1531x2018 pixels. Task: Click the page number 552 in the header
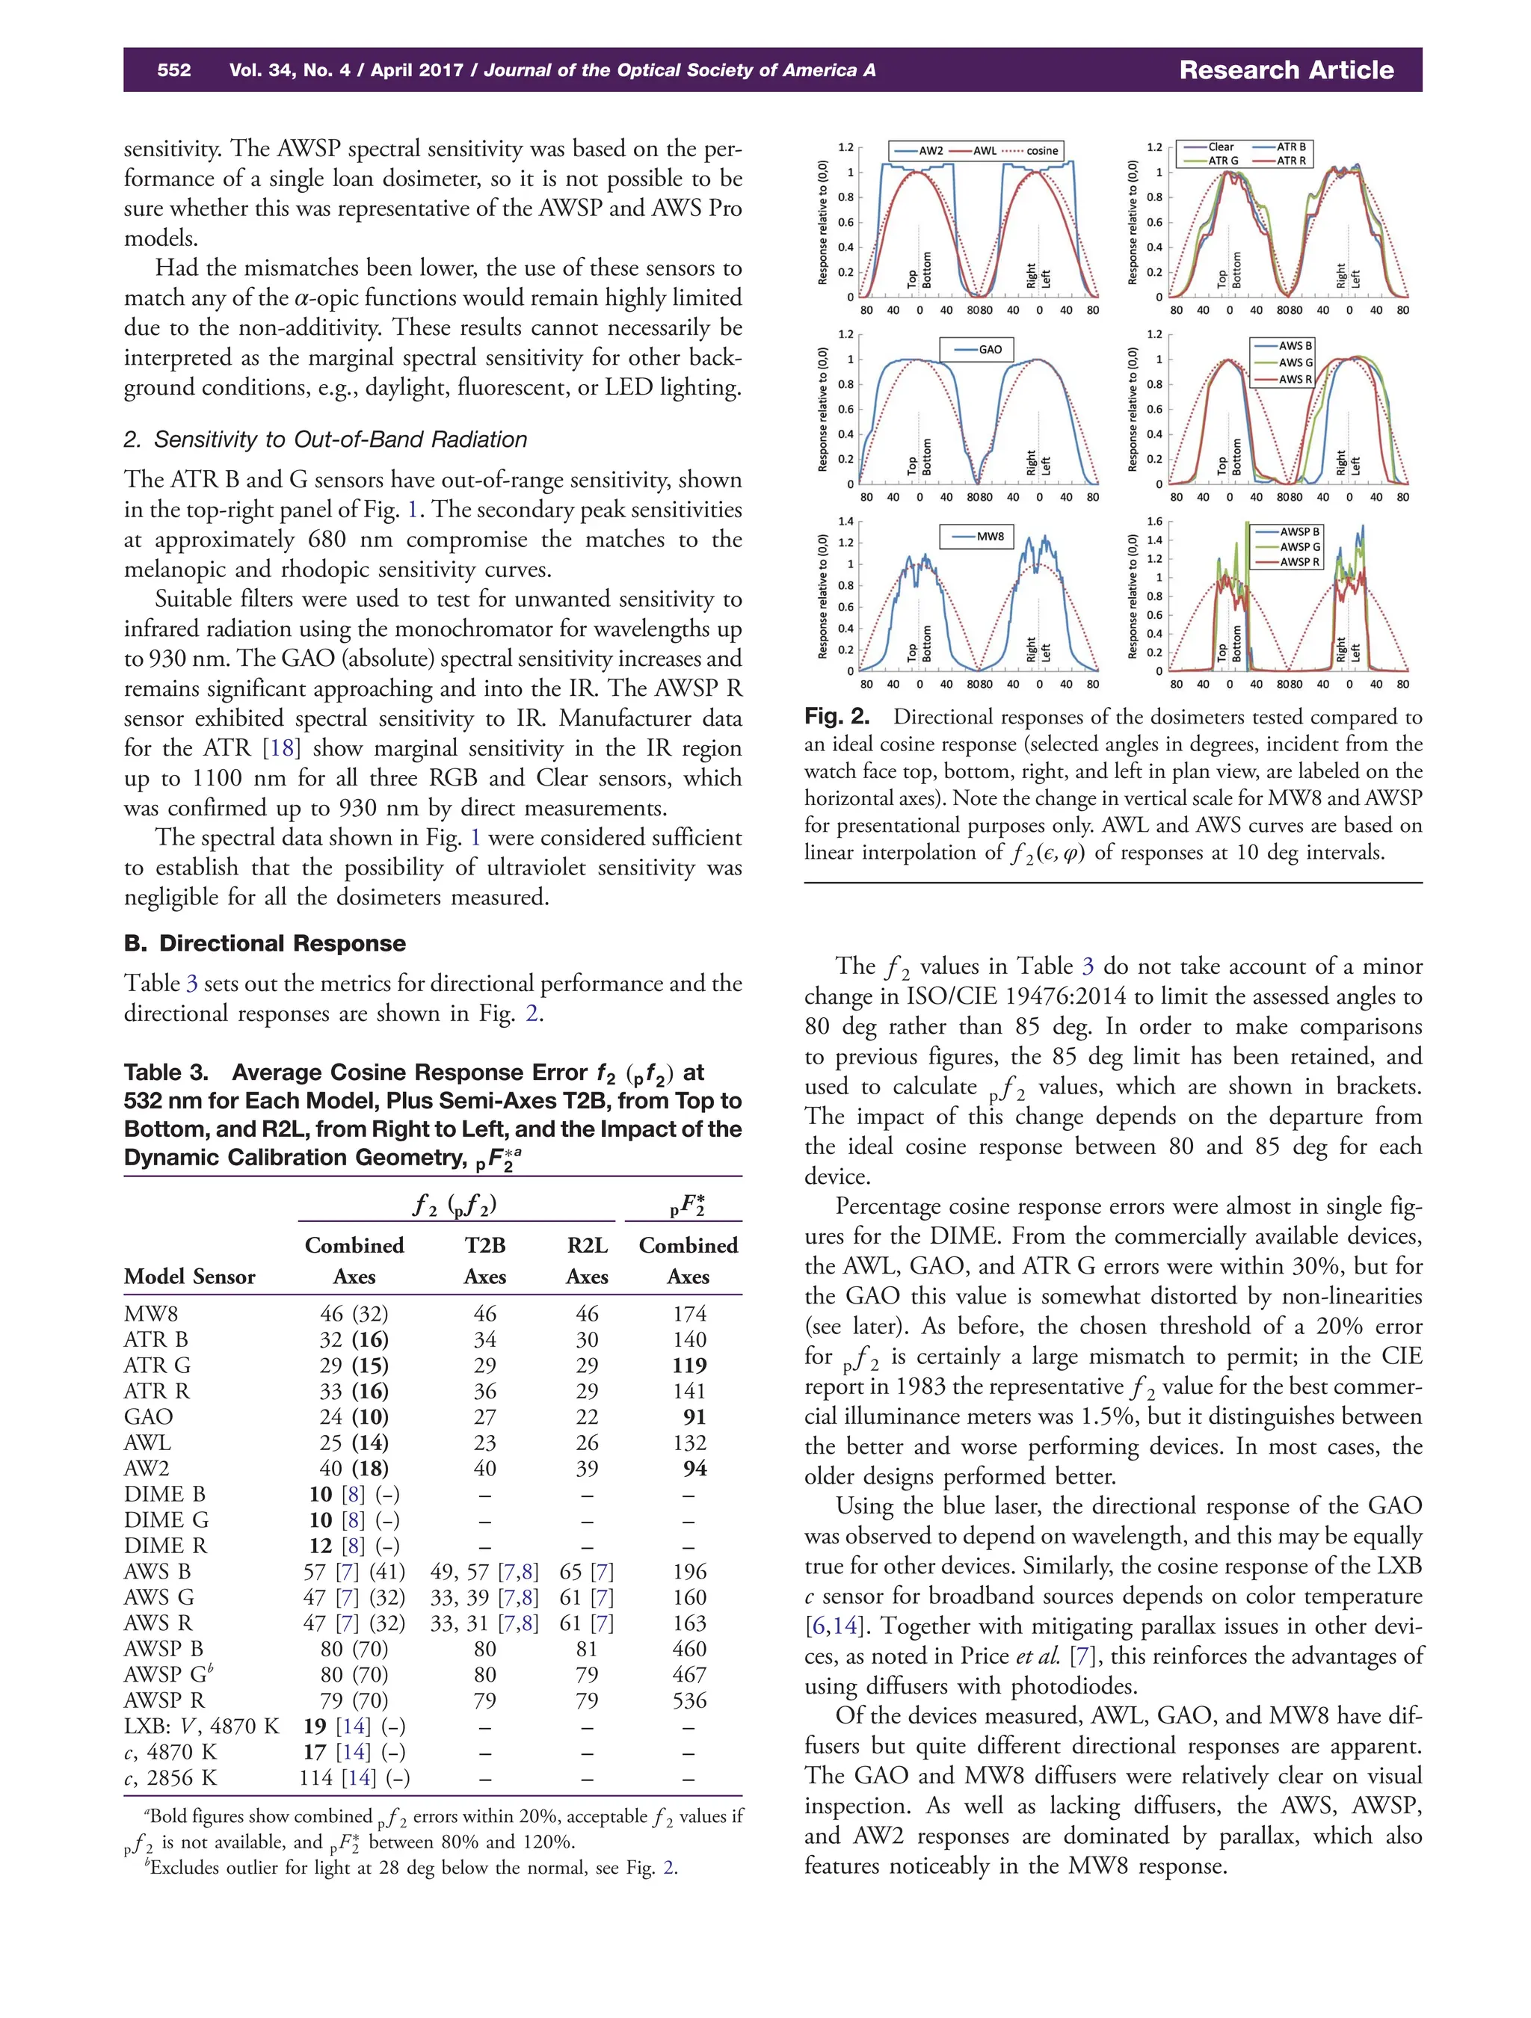tap(173, 70)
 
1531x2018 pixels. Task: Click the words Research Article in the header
tap(1286, 70)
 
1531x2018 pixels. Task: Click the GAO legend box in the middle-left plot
tap(977, 349)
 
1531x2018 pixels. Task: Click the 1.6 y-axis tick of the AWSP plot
tap(1155, 522)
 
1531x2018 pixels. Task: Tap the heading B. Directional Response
tap(265, 943)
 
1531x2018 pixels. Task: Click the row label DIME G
tap(166, 1520)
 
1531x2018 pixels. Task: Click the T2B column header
tap(484, 1245)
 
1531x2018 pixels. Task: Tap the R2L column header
tap(587, 1245)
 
